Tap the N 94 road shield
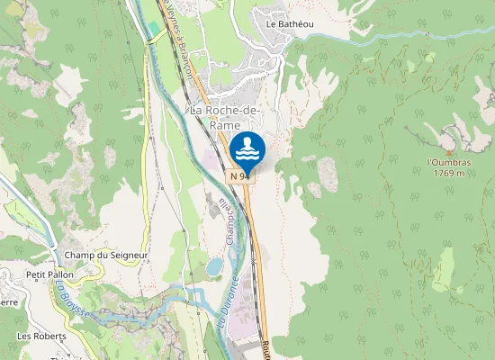(239, 176)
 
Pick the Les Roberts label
(38, 335)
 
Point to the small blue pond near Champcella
(214, 266)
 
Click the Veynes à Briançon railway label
(178, 36)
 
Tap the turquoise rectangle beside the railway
(154, 28)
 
